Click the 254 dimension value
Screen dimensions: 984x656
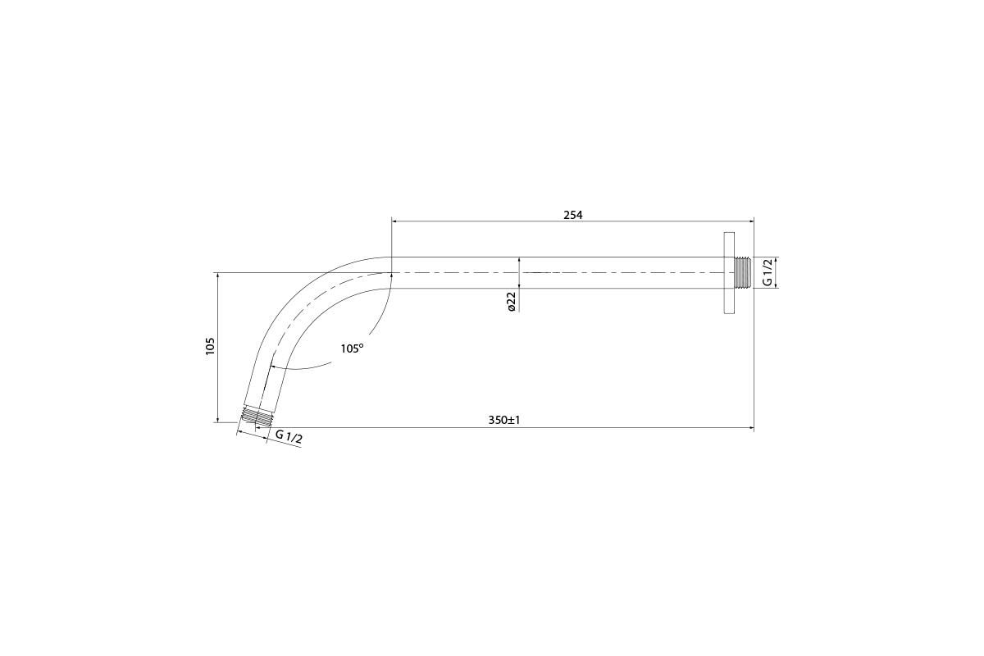click(x=573, y=215)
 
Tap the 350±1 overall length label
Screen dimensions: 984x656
click(x=503, y=420)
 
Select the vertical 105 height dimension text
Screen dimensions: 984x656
click(x=210, y=347)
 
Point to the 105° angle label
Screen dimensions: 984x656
click(x=353, y=348)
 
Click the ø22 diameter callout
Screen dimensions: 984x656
click(x=511, y=303)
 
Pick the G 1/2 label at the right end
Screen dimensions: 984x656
click(x=767, y=272)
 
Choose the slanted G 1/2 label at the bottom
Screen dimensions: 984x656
click(x=289, y=436)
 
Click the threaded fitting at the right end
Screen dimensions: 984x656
click(x=742, y=272)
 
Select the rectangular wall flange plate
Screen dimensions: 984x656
click(x=729, y=272)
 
